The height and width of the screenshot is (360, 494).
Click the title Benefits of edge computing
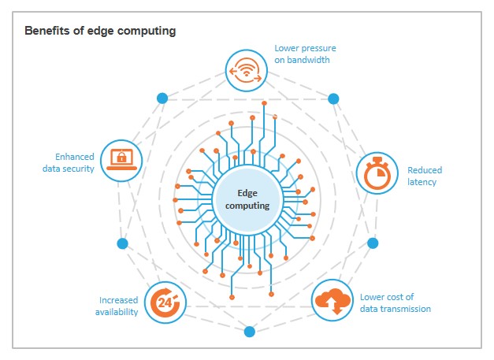[x=100, y=32]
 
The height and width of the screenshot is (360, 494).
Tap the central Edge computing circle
[x=247, y=198]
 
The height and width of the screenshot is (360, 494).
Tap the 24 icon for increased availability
[x=165, y=302]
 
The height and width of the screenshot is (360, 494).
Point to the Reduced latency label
[x=424, y=176]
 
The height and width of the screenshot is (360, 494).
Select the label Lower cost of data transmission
[x=395, y=303]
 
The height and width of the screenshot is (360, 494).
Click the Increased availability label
[x=119, y=306]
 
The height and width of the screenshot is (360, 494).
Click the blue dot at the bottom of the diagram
[x=249, y=332]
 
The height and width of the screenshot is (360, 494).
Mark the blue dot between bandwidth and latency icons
[x=333, y=99]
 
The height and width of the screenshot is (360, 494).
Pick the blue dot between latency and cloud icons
[x=373, y=243]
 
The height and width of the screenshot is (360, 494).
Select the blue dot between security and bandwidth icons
[x=162, y=98]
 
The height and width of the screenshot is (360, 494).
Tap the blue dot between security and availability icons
[x=122, y=243]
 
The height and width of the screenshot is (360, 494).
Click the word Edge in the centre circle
[x=247, y=191]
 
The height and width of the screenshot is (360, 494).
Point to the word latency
[x=422, y=182]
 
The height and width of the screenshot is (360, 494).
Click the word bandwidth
[x=308, y=60]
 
